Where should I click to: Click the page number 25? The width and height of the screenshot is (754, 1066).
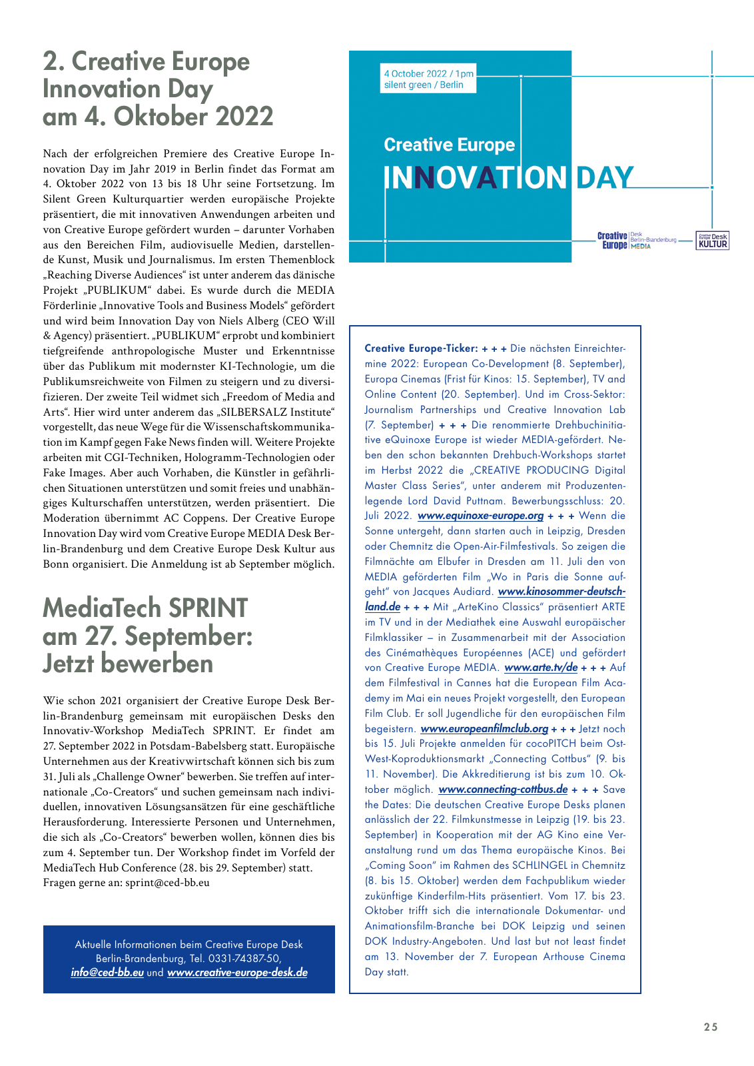(711, 1027)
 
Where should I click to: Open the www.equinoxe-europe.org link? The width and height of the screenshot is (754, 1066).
(480, 516)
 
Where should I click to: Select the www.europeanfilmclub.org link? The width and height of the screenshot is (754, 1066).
(484, 729)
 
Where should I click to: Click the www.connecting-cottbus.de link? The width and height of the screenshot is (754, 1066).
(503, 790)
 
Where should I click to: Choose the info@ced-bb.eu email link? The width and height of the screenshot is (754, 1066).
(107, 973)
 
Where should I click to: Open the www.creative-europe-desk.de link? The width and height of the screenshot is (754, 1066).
(237, 973)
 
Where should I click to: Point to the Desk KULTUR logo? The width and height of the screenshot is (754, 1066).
(712, 241)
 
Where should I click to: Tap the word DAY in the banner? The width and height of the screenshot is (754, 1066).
(604, 178)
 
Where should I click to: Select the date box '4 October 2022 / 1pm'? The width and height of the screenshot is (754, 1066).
(429, 79)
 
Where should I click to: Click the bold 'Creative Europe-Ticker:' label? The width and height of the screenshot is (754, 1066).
(421, 348)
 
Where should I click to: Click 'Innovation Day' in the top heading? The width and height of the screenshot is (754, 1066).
(128, 89)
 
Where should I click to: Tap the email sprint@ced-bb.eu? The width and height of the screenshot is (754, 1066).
(167, 883)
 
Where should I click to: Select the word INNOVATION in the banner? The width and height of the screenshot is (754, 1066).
(475, 178)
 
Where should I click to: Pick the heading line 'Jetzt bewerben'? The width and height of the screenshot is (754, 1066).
(128, 664)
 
